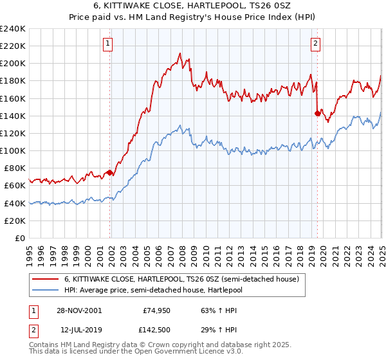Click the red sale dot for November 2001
point(110,172)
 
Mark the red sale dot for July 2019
point(317,114)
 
